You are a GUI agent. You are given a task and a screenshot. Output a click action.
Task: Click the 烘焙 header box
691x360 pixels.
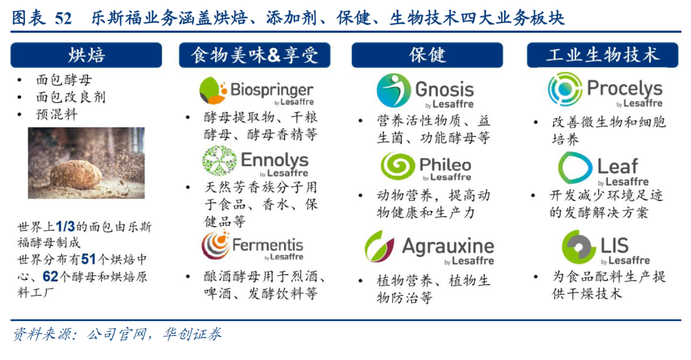click(86, 55)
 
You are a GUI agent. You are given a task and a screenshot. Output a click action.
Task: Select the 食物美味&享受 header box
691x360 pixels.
click(255, 55)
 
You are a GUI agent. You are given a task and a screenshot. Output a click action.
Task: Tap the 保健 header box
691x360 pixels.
click(427, 55)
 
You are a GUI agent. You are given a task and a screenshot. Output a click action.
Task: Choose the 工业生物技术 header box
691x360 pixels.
click(603, 55)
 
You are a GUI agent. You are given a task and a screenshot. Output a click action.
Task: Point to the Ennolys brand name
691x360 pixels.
click(274, 160)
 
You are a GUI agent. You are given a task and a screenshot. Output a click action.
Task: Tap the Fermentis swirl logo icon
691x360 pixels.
click(215, 246)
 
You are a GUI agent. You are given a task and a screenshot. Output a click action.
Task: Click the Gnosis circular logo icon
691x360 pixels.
click(394, 90)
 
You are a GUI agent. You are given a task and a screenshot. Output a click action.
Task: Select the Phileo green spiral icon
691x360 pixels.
click(397, 166)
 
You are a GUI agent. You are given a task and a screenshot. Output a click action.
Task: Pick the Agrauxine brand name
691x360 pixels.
click(448, 246)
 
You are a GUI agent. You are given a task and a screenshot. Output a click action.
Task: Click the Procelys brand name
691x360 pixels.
click(624, 89)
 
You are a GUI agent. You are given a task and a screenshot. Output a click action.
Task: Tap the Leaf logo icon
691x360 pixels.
click(575, 168)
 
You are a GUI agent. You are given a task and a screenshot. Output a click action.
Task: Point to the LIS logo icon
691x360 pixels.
click(578, 247)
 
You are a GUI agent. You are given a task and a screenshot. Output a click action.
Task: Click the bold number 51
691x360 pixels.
click(88, 259)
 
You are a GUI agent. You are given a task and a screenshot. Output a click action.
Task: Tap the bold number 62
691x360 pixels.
click(51, 276)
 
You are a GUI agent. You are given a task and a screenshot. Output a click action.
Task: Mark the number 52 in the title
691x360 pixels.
click(63, 19)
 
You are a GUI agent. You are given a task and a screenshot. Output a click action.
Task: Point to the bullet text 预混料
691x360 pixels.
click(56, 114)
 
